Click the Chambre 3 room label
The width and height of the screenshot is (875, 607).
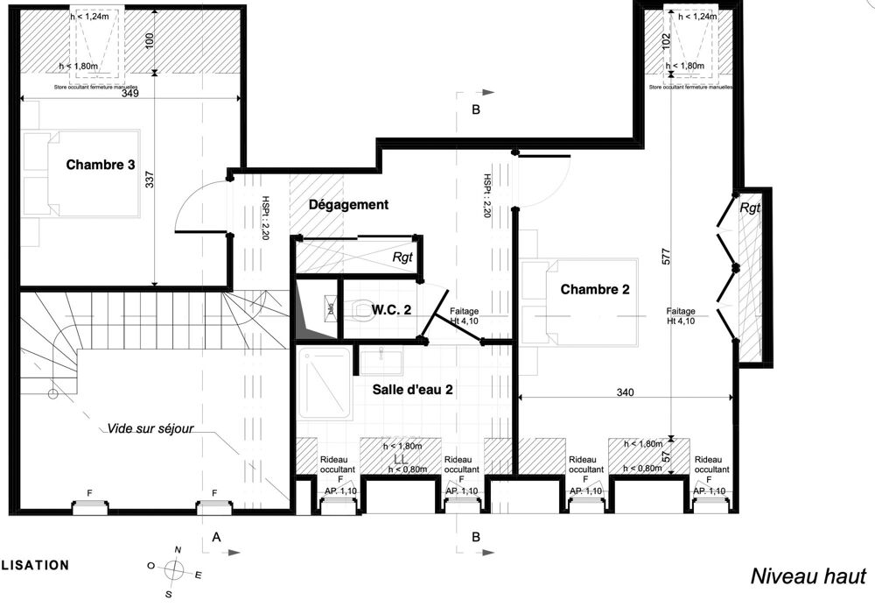[x=100, y=165]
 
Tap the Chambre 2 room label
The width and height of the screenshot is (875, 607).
[x=595, y=289]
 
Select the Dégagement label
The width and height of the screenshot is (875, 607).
[x=348, y=205]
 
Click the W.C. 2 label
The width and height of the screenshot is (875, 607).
[x=391, y=309]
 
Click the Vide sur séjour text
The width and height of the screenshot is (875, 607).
[x=150, y=429]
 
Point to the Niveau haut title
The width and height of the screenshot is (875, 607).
[x=807, y=575]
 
